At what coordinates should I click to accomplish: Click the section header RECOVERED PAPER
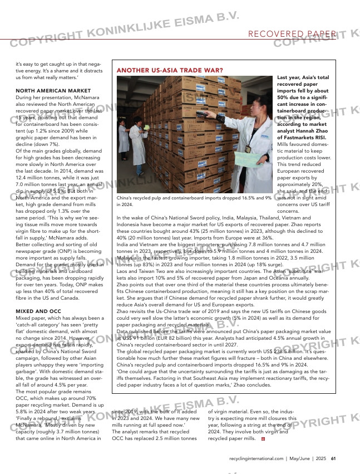pos(292,35)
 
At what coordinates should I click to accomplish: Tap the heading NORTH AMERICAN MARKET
pos(53,90)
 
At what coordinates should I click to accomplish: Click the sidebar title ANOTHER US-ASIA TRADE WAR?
pos(170,71)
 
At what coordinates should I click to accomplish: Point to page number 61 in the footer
pos(333,459)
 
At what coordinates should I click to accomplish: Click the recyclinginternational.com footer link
pos(256,459)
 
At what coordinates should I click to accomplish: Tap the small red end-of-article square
pos(263,439)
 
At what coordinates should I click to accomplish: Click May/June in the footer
pos(300,459)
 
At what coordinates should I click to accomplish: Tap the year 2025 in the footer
pos(321,459)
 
